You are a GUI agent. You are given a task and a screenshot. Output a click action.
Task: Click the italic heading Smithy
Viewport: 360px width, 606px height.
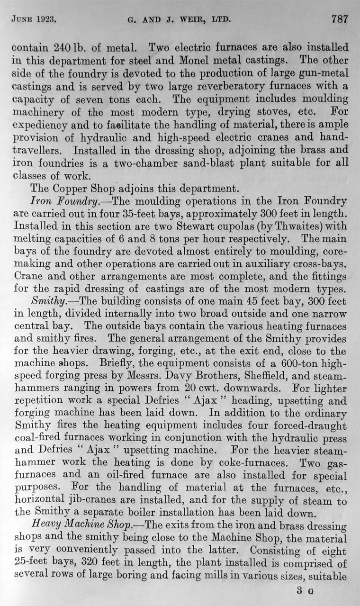(47, 300)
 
